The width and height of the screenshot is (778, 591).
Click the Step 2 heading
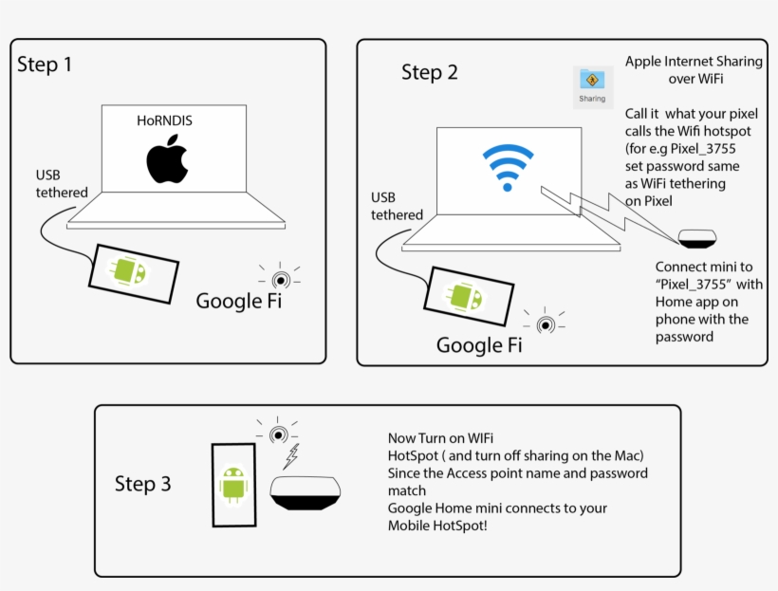coord(429,72)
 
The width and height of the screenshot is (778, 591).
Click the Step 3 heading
coord(142,484)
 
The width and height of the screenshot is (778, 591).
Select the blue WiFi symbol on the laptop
coord(508,168)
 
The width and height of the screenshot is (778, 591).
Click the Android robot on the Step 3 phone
coord(233,486)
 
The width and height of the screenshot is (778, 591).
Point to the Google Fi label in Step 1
coord(238,301)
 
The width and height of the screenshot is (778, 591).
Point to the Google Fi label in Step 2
coord(479,345)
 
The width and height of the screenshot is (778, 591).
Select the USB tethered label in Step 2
coord(397,206)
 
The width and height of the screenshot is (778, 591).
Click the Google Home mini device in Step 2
coord(696,237)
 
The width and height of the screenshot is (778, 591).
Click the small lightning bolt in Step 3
coord(292,457)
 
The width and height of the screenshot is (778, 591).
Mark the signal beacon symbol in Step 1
coord(280,278)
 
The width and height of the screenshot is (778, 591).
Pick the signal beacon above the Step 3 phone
coord(278,434)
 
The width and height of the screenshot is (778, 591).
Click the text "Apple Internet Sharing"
coord(693,62)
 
